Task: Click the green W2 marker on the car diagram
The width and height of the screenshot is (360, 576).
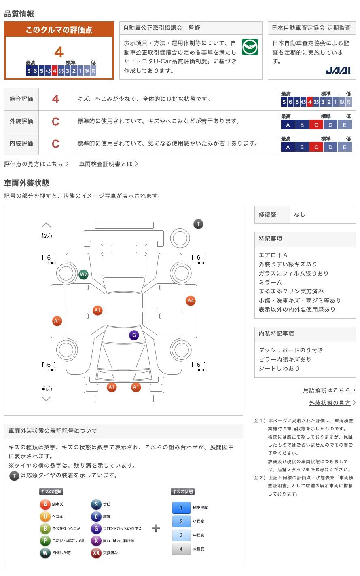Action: click(83, 275)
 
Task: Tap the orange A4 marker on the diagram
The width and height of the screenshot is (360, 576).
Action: click(191, 301)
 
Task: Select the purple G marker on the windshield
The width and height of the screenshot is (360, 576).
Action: click(133, 335)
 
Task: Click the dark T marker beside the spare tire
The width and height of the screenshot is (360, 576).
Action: click(198, 224)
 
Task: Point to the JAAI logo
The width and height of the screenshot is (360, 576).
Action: click(338, 70)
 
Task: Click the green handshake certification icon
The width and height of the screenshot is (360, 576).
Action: click(250, 47)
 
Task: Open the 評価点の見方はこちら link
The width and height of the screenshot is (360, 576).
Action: click(34, 164)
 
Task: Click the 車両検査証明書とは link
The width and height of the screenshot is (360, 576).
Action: click(106, 164)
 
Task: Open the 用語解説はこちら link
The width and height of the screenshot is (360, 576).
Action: click(327, 390)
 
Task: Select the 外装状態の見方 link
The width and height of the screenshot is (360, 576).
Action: click(330, 403)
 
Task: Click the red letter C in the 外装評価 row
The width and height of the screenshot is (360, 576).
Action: click(55, 121)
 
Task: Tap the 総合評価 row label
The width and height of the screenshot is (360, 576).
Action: click(21, 99)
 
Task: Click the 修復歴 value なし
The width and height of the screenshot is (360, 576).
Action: click(300, 215)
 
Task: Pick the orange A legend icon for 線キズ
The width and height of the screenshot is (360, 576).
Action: click(45, 504)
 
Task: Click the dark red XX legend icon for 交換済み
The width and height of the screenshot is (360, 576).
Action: click(96, 553)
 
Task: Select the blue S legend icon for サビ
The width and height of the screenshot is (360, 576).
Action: click(96, 504)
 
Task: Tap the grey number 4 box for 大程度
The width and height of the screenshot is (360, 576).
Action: click(181, 549)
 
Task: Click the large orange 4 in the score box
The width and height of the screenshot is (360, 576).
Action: click(59, 52)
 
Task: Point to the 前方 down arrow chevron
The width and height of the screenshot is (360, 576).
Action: click(47, 399)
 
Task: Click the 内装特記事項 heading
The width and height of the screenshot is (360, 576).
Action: click(276, 334)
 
